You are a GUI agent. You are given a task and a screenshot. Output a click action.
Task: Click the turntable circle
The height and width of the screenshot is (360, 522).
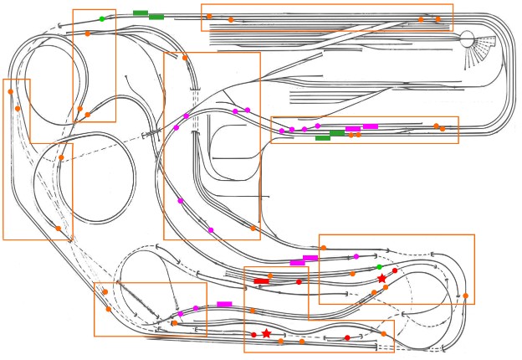(467, 39)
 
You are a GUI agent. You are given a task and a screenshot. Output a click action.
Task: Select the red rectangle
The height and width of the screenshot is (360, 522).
(261, 280)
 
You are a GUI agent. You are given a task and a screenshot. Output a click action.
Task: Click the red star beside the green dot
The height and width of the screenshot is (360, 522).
(382, 278)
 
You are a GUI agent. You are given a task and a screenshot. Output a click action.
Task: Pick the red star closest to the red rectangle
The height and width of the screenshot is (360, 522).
(266, 333)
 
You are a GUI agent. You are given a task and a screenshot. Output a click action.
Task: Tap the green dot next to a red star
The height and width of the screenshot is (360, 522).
(379, 267)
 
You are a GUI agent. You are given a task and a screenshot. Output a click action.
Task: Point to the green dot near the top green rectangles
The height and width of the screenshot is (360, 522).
(102, 18)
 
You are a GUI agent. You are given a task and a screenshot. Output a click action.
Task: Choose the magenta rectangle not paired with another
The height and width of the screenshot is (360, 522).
(223, 304)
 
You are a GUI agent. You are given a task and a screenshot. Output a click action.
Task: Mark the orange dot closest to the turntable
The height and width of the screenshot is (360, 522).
(438, 18)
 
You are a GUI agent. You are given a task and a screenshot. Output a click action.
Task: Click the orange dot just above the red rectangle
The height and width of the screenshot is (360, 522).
(270, 275)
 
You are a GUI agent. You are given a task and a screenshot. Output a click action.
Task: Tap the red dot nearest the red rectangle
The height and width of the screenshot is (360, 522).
(299, 282)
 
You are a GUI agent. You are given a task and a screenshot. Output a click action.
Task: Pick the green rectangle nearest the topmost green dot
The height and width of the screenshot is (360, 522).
(140, 13)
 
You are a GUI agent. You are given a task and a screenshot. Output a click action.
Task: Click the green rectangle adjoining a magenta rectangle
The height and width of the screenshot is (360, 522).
(337, 133)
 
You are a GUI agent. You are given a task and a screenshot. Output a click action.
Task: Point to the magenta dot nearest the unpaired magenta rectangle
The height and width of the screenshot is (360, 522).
(197, 308)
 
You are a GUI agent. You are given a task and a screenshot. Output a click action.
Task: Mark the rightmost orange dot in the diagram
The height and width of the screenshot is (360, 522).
(466, 296)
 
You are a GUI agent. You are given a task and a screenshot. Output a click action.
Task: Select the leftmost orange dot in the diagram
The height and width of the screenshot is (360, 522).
(10, 91)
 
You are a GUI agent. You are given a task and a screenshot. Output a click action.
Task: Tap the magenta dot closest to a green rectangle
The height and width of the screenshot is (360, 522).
(318, 126)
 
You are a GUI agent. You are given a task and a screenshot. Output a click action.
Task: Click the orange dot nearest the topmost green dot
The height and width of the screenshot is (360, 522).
(88, 33)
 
